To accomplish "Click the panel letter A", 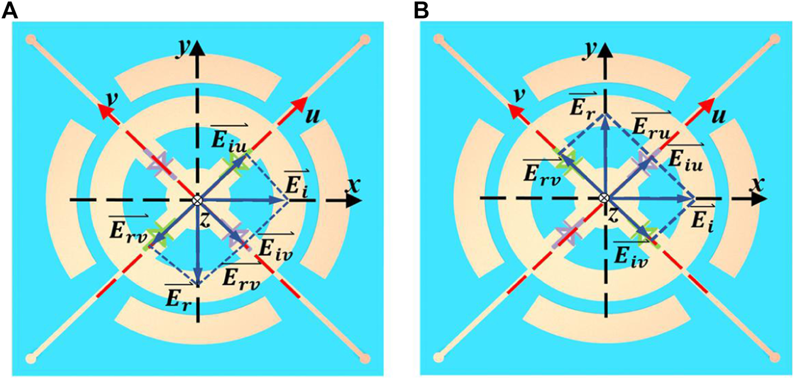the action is (10, 10).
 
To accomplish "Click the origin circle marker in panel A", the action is (197, 200).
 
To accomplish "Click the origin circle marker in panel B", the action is (603, 198).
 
